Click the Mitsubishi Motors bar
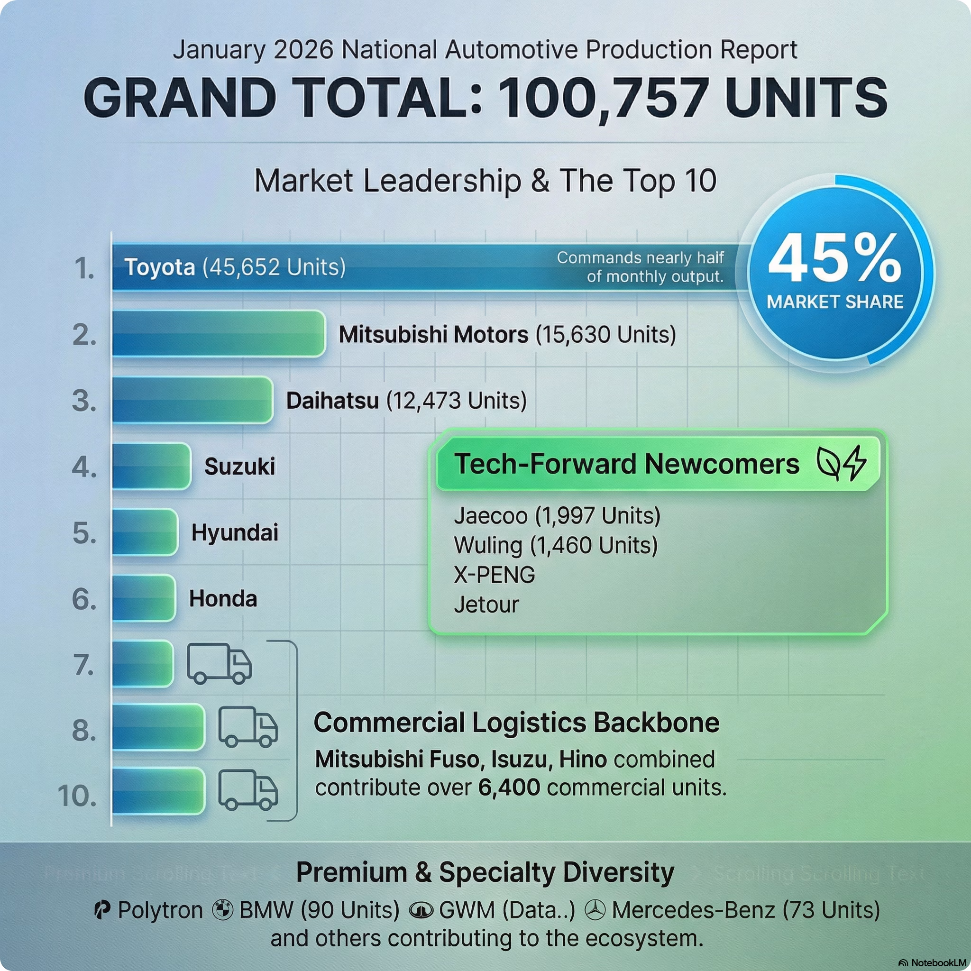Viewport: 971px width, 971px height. pos(219,334)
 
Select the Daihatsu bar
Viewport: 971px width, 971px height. pos(192,400)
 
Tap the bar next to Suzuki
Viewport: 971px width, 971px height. pos(151,467)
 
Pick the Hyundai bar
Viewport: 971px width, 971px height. pos(145,532)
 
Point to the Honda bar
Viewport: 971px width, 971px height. pos(144,598)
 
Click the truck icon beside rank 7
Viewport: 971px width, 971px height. pos(219,664)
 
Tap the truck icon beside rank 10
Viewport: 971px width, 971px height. pos(248,790)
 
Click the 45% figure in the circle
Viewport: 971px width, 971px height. pos(835,260)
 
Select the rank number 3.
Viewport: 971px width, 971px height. pos(84,401)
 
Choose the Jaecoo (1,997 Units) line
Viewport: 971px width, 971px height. pos(557,516)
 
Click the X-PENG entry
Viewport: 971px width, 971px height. pos(495,575)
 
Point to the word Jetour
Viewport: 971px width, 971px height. pos(486,605)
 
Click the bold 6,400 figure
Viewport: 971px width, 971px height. pos(509,788)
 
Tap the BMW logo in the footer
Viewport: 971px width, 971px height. pos(222,910)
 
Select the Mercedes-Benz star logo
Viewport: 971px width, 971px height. pos(595,910)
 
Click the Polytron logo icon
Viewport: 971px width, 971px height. pos(102,910)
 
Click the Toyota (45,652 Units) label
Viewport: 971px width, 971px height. pos(235,267)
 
